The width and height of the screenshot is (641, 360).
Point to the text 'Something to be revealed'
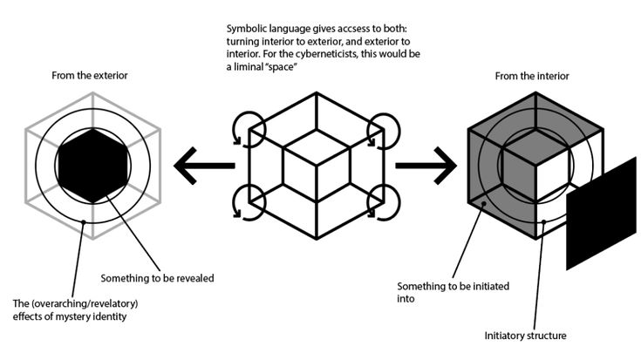coord(157,279)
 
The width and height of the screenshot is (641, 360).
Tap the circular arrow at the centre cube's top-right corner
coord(385,132)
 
